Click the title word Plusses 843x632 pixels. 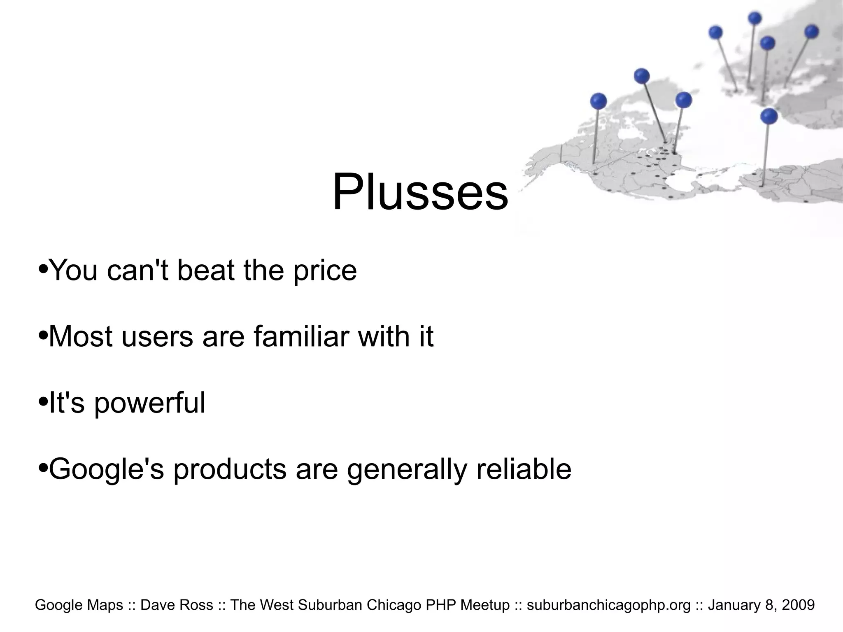pyautogui.click(x=420, y=192)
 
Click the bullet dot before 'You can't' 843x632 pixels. pyautogui.click(x=43, y=270)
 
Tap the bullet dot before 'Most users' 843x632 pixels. pyautogui.click(x=43, y=336)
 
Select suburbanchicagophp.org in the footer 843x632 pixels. pyautogui.click(x=608, y=605)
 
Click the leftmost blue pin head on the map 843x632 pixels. pyautogui.click(x=598, y=101)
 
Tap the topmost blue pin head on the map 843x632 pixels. pyautogui.click(x=755, y=18)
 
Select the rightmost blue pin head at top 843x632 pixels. pyautogui.click(x=811, y=32)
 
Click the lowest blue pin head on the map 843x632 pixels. pyautogui.click(x=769, y=116)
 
